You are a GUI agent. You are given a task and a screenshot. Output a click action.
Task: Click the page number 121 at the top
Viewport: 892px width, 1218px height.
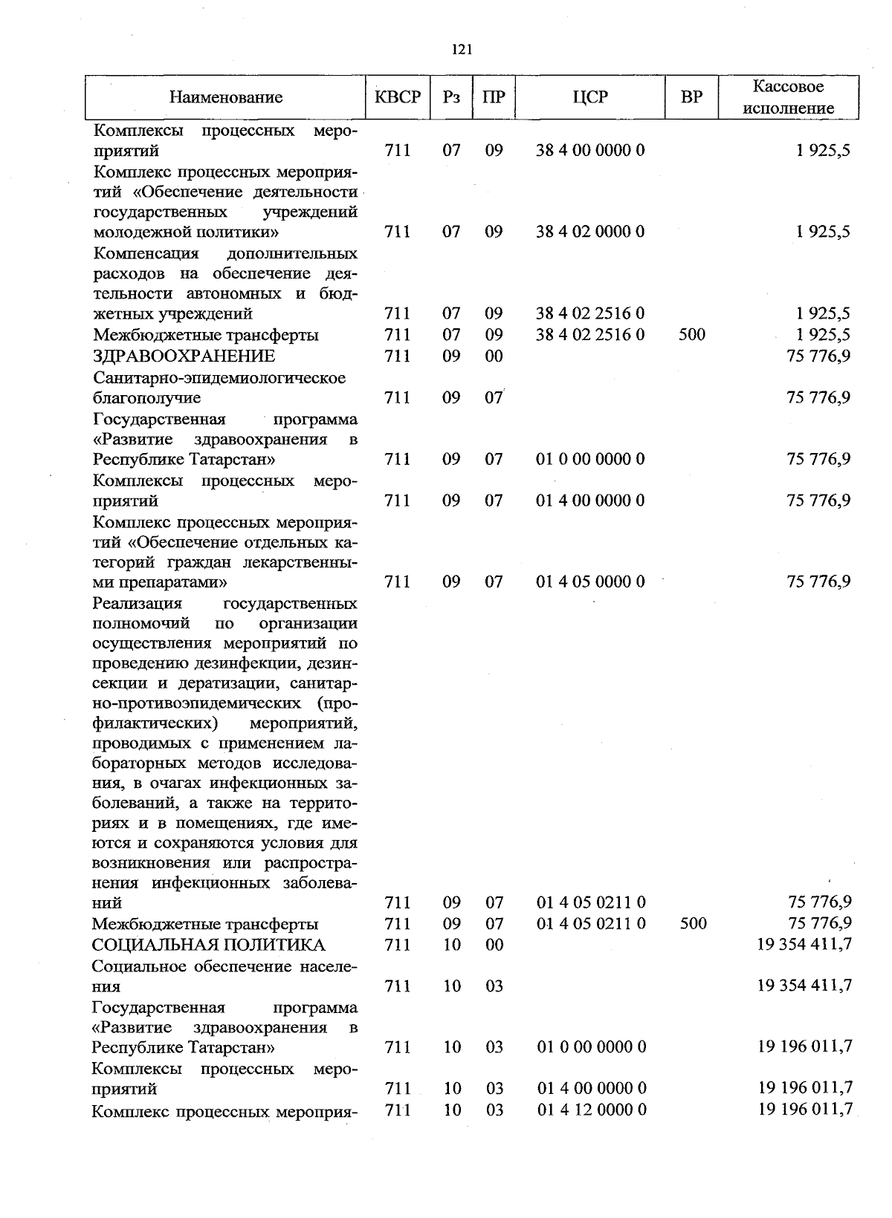coord(462,50)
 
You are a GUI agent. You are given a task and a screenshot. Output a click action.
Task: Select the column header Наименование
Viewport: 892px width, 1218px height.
coord(226,97)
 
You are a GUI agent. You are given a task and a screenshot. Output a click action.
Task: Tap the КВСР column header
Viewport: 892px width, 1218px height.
coord(398,97)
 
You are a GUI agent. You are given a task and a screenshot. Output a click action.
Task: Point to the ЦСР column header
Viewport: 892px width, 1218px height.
coord(590,97)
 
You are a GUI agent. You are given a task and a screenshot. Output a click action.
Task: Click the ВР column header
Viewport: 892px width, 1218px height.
coord(691,97)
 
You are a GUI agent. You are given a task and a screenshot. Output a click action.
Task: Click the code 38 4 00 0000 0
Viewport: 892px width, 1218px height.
coord(590,151)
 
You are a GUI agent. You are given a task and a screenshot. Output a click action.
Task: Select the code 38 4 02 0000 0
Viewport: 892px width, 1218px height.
coord(590,232)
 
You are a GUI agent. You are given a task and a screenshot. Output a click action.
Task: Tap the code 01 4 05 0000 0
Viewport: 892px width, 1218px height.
coord(590,582)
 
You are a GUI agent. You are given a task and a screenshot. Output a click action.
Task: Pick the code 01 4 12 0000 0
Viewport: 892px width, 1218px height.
coord(591,1110)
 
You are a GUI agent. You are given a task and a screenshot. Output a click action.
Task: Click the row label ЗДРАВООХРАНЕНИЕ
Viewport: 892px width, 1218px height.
coord(184,356)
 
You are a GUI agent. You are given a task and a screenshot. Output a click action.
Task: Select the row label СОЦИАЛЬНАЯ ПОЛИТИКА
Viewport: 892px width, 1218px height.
coord(208,945)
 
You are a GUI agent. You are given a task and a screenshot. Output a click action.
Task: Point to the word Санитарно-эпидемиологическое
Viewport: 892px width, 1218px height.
coord(219,378)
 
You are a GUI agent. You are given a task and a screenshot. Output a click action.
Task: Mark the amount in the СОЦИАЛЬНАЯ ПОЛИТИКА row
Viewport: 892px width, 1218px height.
coord(804,945)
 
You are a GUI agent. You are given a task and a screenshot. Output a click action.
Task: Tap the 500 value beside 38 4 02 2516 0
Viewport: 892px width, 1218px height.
coord(691,335)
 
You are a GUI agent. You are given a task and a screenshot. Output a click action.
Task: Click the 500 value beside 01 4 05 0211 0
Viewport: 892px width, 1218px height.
coord(692,924)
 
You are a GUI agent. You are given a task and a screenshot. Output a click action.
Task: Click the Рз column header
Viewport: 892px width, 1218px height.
coord(451,97)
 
